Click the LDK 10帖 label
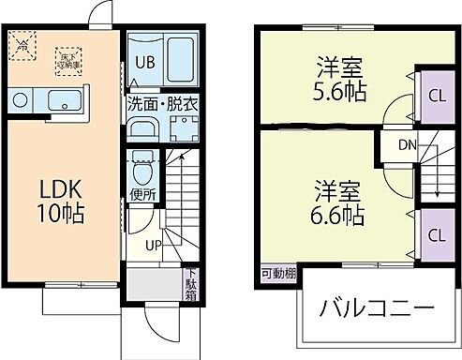pyautogui.click(x=60, y=201)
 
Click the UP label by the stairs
pyautogui.click(x=151, y=246)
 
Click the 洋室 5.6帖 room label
pyautogui.click(x=339, y=81)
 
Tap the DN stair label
pyautogui.click(x=407, y=144)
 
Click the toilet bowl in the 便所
pyautogui.click(x=142, y=171)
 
